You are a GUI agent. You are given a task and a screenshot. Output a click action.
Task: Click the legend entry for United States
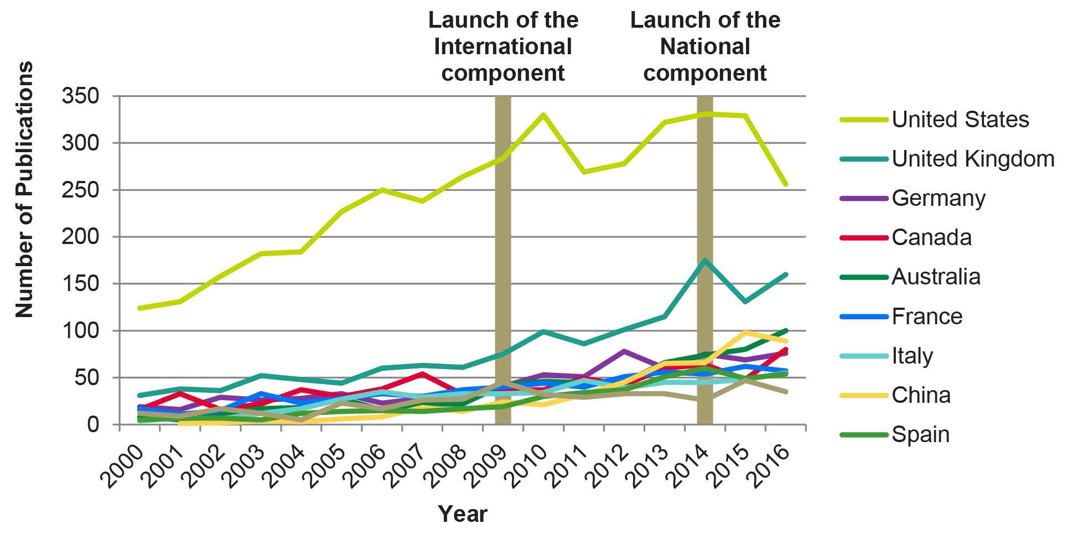coord(960,120)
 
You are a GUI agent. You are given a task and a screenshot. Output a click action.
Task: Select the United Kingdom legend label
coord(973,159)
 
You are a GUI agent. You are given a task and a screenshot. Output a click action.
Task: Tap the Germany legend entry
coord(939,198)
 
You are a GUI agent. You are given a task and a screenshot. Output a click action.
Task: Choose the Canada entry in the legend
coord(931,237)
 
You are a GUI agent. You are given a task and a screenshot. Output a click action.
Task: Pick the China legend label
coord(921,395)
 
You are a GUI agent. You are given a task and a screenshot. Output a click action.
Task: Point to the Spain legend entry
coord(920,434)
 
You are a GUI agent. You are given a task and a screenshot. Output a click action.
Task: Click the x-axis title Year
coord(463,514)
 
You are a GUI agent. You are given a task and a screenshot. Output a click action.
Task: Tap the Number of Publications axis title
coord(24,189)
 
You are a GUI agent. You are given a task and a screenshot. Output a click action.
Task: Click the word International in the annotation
coord(502,47)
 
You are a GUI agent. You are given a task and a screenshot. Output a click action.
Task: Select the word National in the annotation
coord(705,47)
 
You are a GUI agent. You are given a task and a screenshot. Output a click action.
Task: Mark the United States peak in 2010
coord(543,115)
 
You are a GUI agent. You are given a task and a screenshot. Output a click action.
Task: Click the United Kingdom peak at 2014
coord(704,260)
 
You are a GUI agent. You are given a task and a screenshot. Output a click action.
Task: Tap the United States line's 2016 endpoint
coord(786,184)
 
